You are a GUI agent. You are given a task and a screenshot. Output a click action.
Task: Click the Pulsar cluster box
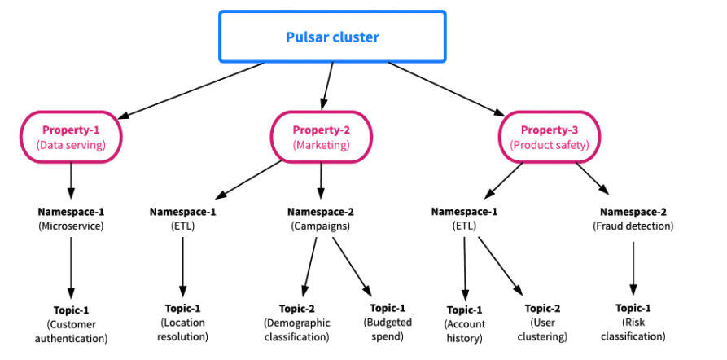tap(332, 37)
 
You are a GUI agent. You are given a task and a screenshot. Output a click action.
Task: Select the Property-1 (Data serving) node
tap(72, 137)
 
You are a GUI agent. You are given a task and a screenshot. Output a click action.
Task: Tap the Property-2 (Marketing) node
tap(321, 137)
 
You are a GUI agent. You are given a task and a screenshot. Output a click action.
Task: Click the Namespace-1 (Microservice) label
tap(72, 218)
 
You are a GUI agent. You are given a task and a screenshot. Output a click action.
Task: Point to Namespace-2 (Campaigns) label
tap(321, 218)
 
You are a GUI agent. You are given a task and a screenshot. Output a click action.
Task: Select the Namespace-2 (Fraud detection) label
tap(633, 218)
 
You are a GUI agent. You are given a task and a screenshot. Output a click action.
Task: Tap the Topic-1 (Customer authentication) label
tap(72, 323)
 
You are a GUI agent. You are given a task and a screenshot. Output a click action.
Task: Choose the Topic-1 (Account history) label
tap(465, 323)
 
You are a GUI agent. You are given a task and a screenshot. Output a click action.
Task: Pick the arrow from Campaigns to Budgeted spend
tap(352, 266)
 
